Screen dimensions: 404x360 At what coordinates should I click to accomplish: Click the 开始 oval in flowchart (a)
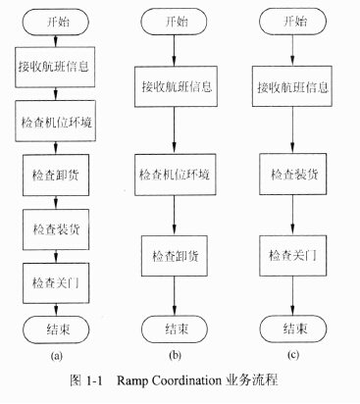tap(57, 20)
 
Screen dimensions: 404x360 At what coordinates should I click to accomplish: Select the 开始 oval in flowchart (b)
tap(176, 20)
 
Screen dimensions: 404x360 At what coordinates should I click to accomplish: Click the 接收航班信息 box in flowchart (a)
tap(57, 69)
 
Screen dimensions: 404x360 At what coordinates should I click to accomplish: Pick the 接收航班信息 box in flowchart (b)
tap(176, 86)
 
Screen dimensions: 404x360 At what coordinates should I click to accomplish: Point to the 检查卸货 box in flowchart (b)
tap(176, 255)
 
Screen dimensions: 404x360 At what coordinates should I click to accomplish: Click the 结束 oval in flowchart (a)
tap(57, 327)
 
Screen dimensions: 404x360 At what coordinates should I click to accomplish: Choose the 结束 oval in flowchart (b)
tap(176, 327)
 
